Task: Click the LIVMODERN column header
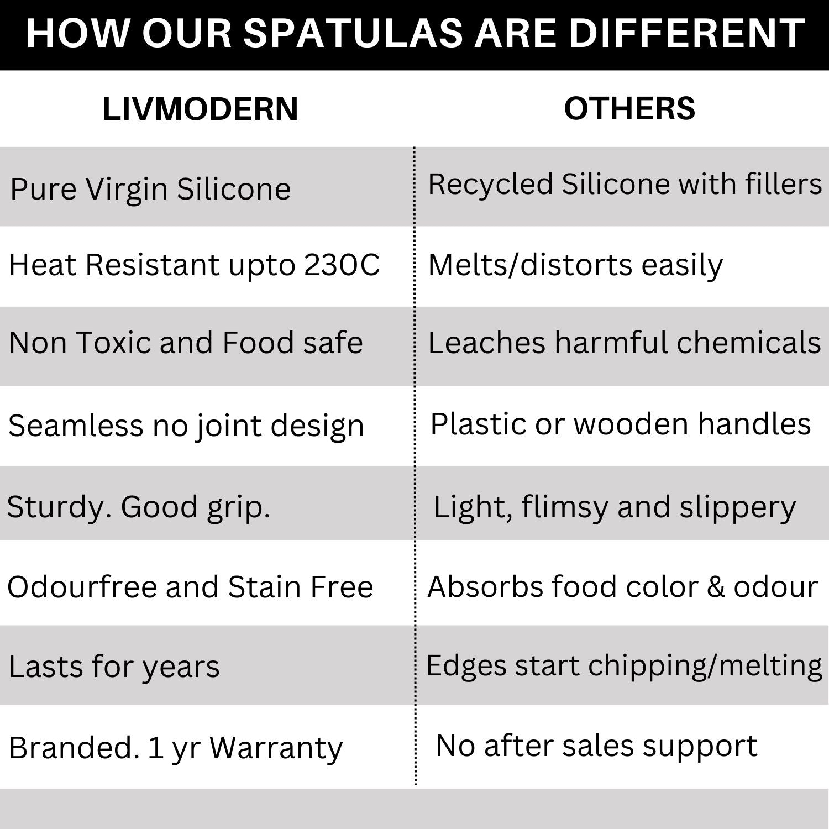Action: point(200,109)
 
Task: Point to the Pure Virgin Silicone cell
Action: point(150,190)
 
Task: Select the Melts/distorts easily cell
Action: point(575,265)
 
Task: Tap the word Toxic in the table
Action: point(113,343)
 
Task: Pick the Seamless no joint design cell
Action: point(186,426)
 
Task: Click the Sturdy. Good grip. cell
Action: point(138,507)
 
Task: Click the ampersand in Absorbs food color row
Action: point(716,587)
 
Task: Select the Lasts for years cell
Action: point(114,667)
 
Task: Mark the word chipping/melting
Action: point(705,666)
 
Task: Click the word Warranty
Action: point(276,748)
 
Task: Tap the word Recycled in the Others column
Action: point(490,184)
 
